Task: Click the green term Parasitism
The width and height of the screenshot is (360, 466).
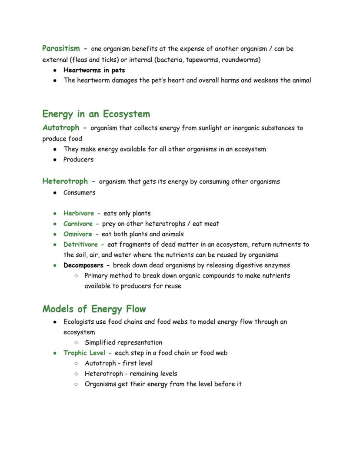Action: pos(61,49)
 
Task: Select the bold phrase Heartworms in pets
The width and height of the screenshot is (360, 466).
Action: pos(94,70)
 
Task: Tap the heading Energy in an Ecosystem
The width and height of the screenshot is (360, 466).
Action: pos(96,114)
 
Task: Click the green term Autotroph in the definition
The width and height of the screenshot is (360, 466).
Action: pos(61,128)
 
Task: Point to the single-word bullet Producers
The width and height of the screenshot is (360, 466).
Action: pos(78,160)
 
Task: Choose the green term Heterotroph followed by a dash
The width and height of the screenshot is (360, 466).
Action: pos(65,181)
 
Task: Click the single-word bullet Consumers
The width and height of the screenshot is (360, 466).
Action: pos(79,192)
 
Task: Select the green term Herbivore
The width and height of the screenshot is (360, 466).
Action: pos(79,213)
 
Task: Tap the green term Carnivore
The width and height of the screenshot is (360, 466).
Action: pos(78,224)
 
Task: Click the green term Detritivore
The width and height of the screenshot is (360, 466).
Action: pos(80,245)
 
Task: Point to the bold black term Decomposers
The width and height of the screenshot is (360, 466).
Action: pos(83,265)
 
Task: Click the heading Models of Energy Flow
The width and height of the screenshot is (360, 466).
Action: pos(94,309)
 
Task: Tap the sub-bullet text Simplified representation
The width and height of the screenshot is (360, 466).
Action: pos(123,342)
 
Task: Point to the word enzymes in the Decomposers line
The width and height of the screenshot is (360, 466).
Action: pos(277,265)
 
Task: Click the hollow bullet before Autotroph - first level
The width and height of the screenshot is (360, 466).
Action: pos(76,363)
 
